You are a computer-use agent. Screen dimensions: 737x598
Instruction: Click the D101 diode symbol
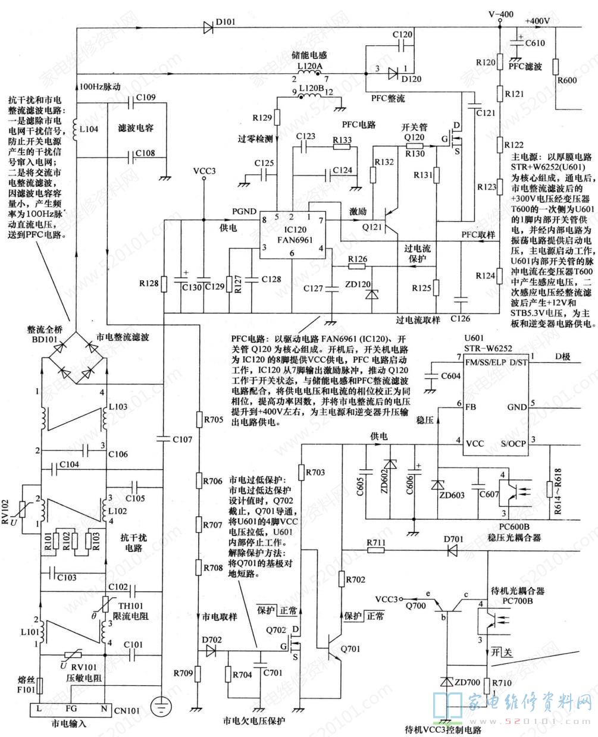(x=208, y=27)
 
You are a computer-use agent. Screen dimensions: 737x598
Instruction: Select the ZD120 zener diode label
(x=358, y=286)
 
